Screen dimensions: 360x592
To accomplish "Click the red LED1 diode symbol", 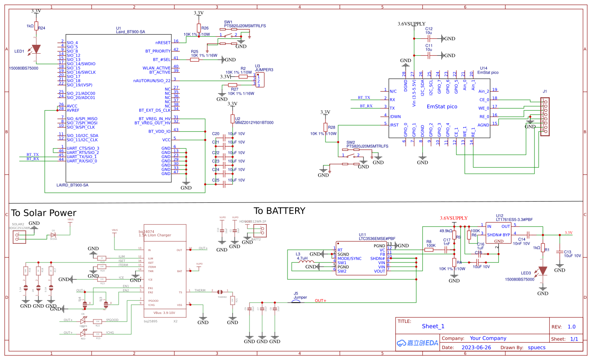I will [x=36, y=49].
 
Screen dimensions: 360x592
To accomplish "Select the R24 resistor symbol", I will [x=36, y=26].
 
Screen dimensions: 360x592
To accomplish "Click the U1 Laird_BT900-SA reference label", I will [x=130, y=30].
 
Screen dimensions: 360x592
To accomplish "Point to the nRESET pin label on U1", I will [x=163, y=43].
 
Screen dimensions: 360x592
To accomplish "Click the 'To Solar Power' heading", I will [x=43, y=213].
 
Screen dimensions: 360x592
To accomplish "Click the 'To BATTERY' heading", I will [x=279, y=211].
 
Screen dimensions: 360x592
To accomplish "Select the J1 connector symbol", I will [x=545, y=117].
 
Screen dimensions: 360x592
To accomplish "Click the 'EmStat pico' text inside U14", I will [x=442, y=106].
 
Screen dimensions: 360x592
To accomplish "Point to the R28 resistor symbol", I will [x=325, y=127].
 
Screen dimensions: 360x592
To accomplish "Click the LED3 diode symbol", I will [x=543, y=270].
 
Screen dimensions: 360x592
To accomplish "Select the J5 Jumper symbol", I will [x=300, y=302].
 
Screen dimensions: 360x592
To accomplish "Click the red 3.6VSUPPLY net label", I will [x=454, y=218].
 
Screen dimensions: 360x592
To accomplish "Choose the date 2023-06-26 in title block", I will [x=476, y=347].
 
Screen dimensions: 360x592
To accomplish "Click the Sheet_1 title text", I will [x=433, y=326].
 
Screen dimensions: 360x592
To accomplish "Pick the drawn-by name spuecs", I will [x=536, y=347].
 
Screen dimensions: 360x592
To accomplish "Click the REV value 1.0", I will [x=571, y=327].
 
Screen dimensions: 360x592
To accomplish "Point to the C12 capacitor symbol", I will [x=429, y=38].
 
